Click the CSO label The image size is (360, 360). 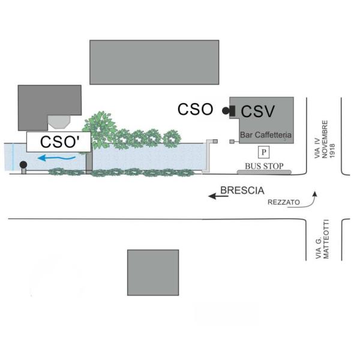(x=196, y=110)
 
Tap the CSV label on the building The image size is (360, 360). (x=258, y=112)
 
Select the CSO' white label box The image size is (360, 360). (x=58, y=142)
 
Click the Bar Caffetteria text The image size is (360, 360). (x=266, y=136)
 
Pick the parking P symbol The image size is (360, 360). (x=263, y=151)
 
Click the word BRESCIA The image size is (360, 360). (x=242, y=191)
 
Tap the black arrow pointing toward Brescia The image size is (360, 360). (x=212, y=195)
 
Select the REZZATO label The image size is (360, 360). (x=284, y=203)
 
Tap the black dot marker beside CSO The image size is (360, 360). (x=226, y=110)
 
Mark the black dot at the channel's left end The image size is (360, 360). (x=23, y=164)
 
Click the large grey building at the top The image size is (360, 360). (x=154, y=62)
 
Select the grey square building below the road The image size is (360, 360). (x=153, y=272)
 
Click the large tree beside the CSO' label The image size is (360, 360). (x=100, y=128)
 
